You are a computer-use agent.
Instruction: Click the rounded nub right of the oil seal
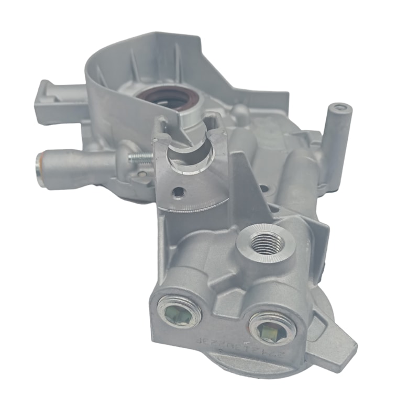pos(239,112)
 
